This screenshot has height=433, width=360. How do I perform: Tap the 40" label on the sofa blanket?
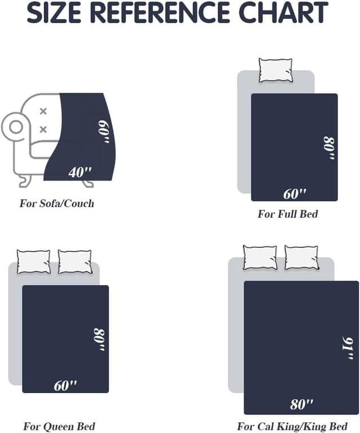pyautogui.click(x=80, y=172)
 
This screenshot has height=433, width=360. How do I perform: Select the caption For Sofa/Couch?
pyautogui.click(x=57, y=203)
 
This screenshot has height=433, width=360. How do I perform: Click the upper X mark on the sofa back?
pyautogui.click(x=43, y=111)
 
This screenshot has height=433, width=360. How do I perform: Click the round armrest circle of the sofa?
pyautogui.click(x=16, y=127)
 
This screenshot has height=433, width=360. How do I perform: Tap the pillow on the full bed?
pyautogui.click(x=276, y=70)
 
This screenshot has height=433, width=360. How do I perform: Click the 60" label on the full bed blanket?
pyautogui.click(x=295, y=194)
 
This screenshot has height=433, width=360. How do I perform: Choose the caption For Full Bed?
pyautogui.click(x=287, y=214)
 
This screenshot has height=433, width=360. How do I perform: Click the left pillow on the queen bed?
pyautogui.click(x=34, y=261)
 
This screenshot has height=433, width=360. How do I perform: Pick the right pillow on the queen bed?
pyautogui.click(x=75, y=261)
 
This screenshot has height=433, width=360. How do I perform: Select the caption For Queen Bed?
pyautogui.click(x=59, y=426)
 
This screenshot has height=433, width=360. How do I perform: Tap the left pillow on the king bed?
pyautogui.click(x=260, y=257)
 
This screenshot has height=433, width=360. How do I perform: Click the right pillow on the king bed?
pyautogui.click(x=301, y=257)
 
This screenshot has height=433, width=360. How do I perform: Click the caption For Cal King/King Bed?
pyautogui.click(x=292, y=426)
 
